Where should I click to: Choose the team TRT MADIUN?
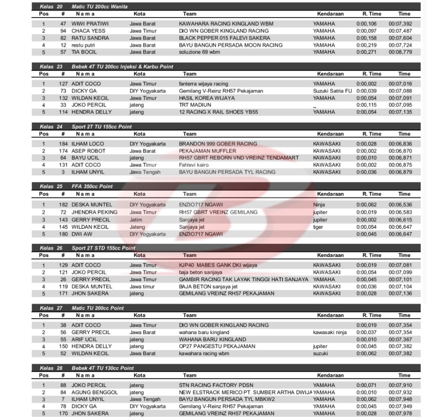195,105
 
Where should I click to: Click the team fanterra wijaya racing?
203,84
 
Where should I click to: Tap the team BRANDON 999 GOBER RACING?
218,144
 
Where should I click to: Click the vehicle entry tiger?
318,227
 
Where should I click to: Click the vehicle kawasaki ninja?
330,332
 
